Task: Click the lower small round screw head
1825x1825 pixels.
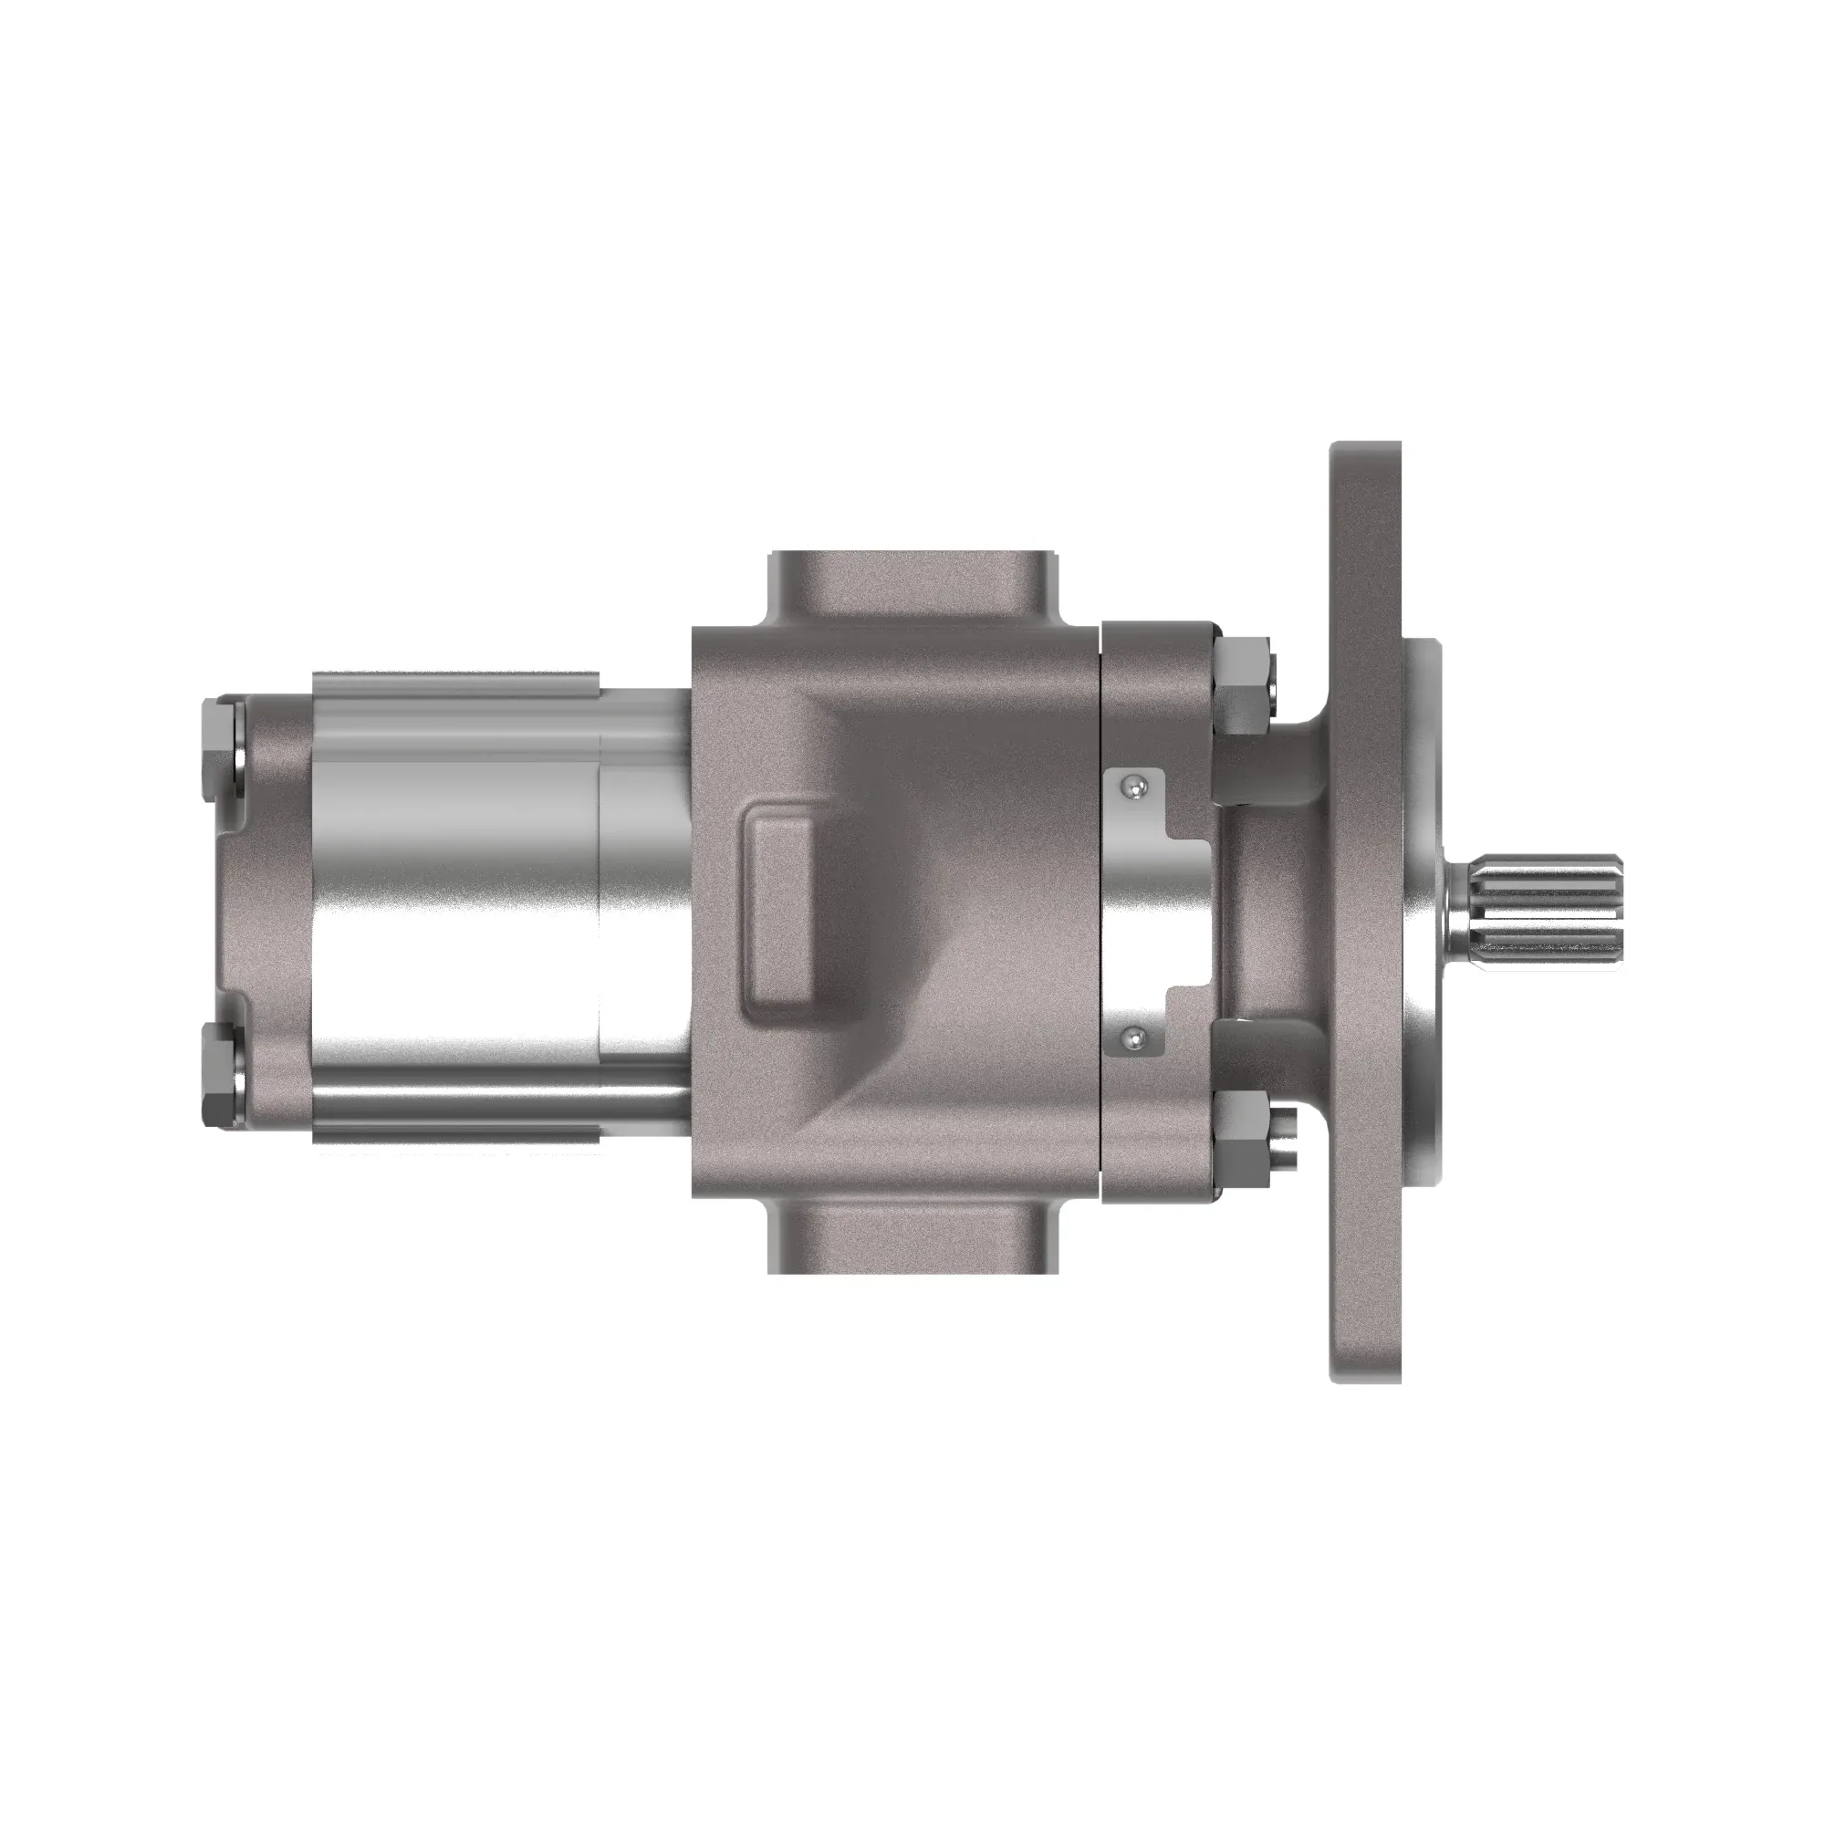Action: click(x=1131, y=1039)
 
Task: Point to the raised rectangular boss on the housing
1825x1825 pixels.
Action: click(x=782, y=913)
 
